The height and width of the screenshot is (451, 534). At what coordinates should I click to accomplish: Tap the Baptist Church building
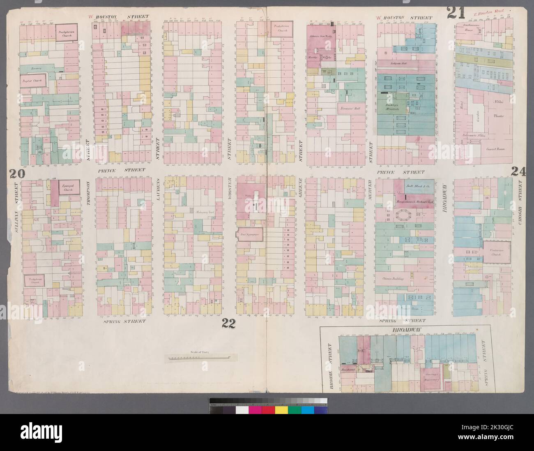[33, 81]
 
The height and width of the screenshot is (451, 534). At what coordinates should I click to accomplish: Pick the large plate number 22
[229, 324]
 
